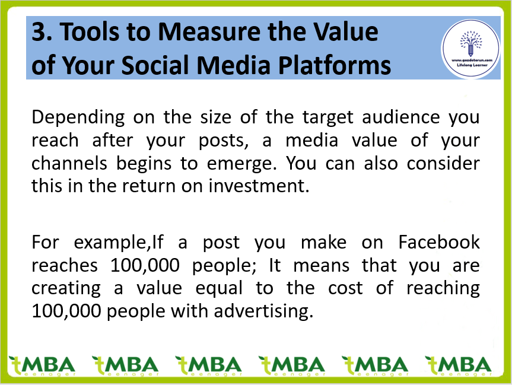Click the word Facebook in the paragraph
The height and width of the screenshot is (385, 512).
tap(439, 242)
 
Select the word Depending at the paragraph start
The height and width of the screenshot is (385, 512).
tap(78, 118)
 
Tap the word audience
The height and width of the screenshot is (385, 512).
tap(401, 117)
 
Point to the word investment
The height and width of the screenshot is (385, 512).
tap(259, 186)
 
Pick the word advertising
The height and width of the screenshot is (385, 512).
tap(263, 311)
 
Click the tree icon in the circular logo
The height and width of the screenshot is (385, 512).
tap(470, 43)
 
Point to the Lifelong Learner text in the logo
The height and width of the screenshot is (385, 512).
tap(472, 65)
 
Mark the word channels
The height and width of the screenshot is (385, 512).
tap(69, 163)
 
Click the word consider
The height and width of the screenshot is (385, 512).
tap(443, 163)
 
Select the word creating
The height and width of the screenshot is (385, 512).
tap(66, 289)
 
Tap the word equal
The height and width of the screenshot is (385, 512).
tap(219, 289)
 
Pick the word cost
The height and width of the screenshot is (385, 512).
tap(345, 288)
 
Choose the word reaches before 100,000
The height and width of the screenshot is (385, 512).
tap(65, 266)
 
